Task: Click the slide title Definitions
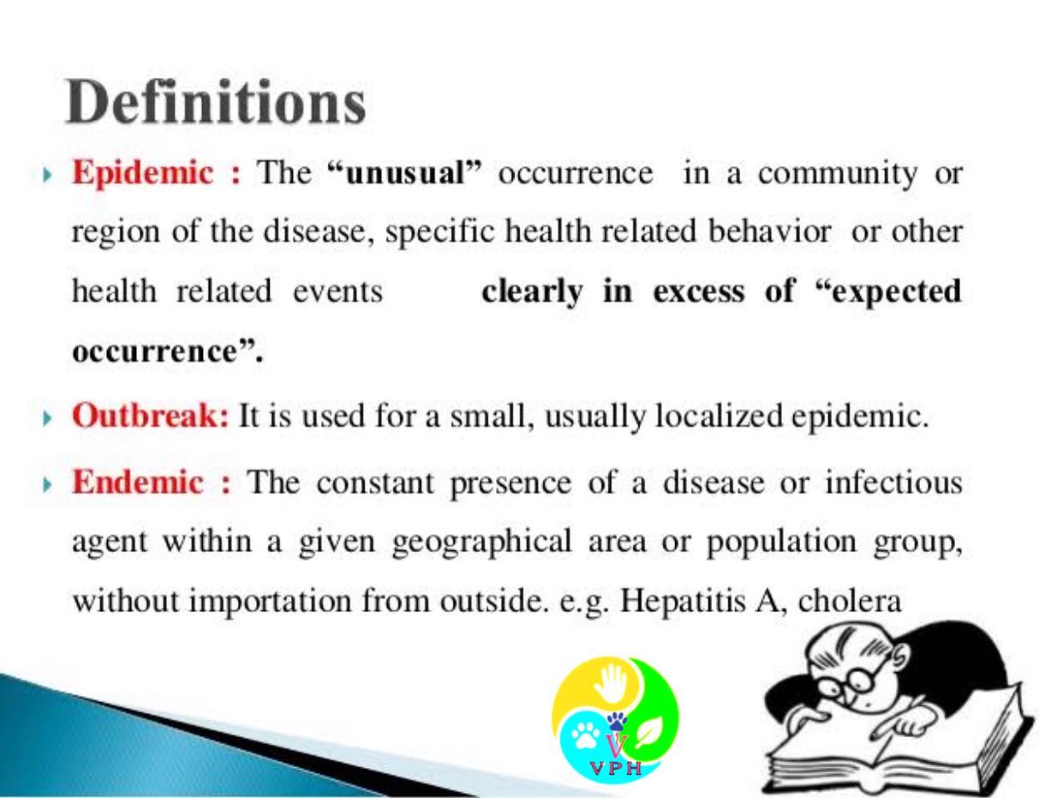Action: pyautogui.click(x=215, y=102)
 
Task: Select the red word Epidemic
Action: pyautogui.click(x=143, y=173)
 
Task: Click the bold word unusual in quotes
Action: pyautogui.click(x=405, y=172)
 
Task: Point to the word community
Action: pyautogui.click(x=838, y=174)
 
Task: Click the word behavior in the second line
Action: pyautogui.click(x=769, y=231)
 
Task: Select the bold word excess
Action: pyautogui.click(x=699, y=291)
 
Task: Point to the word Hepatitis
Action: pyautogui.click(x=683, y=602)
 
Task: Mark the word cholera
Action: pyautogui.click(x=850, y=601)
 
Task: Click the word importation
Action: pyautogui.click(x=270, y=602)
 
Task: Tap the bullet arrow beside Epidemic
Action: pyautogui.click(x=47, y=174)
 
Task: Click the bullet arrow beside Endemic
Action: pyautogui.click(x=47, y=484)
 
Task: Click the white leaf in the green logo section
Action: pyautogui.click(x=649, y=732)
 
